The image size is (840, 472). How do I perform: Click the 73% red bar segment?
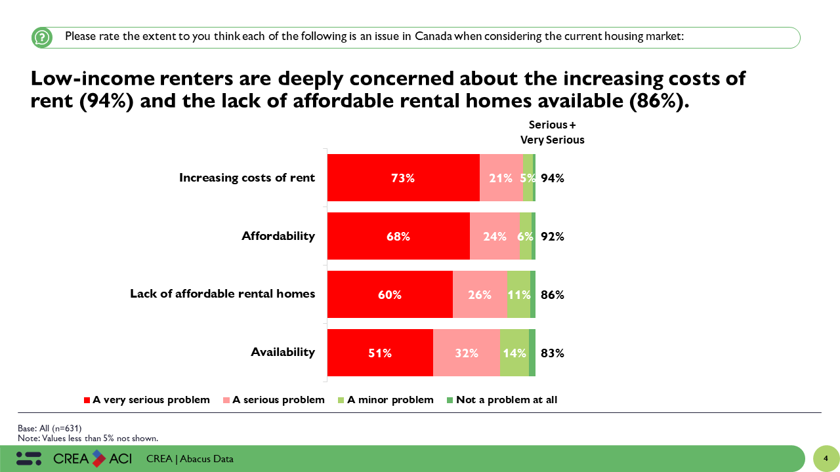[x=404, y=178]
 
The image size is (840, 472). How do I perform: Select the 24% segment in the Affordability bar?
[x=494, y=236]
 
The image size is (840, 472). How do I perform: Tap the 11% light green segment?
[x=518, y=294]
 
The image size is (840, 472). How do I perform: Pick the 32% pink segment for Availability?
[x=467, y=353]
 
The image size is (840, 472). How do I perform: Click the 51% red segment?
[x=380, y=353]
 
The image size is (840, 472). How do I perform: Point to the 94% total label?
[x=553, y=178]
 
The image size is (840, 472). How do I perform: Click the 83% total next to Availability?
[x=553, y=353]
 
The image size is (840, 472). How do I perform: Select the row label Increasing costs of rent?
[x=247, y=178]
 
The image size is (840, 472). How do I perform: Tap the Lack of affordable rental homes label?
[x=222, y=294]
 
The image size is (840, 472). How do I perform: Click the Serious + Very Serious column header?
[x=552, y=132]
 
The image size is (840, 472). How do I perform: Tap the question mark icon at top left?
[x=42, y=37]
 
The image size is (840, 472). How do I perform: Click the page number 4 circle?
[x=826, y=458]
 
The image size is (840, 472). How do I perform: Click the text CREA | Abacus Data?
[x=190, y=459]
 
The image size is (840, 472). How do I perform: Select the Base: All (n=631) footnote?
[x=49, y=428]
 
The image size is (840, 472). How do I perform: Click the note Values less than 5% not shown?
[x=88, y=438]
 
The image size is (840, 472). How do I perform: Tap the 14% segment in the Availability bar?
[x=514, y=353]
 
